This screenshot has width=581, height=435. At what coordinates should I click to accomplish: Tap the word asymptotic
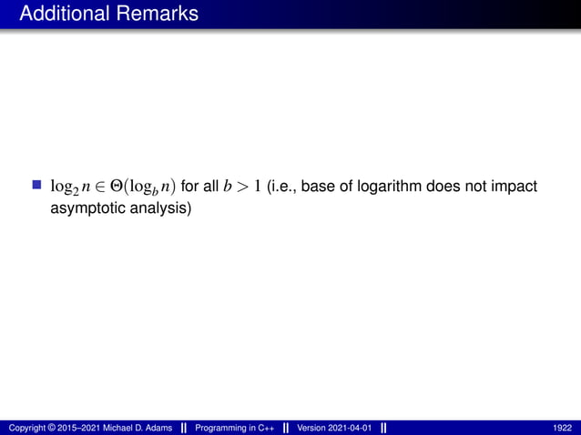87,208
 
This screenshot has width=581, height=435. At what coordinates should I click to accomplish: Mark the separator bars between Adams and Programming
184,428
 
